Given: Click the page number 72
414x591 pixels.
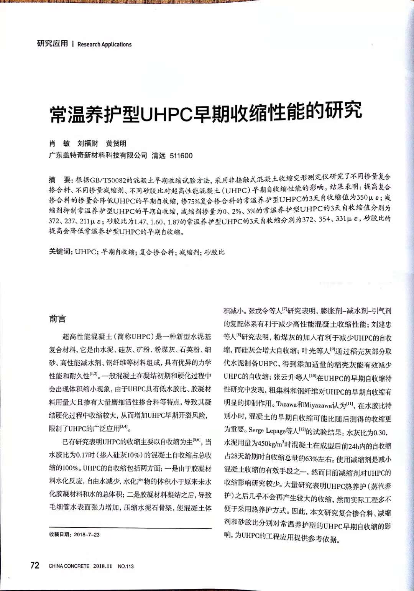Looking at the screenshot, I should (34, 565).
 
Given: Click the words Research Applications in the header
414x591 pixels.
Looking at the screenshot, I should (104, 44).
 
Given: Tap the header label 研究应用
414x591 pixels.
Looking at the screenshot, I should (52, 44).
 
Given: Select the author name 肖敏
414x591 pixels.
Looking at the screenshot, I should (59, 144).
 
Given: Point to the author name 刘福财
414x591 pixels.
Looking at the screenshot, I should (87, 144).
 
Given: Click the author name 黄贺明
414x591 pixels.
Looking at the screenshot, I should (116, 144).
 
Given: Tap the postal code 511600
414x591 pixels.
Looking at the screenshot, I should (181, 156).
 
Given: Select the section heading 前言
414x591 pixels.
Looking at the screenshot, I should (58, 319).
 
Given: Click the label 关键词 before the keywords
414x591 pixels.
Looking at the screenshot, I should (60, 252).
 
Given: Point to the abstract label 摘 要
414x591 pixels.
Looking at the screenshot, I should (60, 180).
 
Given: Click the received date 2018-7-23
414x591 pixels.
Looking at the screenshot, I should (87, 535).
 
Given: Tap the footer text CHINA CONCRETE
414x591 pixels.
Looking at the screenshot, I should (69, 566).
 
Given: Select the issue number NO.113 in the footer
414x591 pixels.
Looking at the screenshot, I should (126, 566).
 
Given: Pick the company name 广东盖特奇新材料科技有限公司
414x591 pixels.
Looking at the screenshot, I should (98, 156).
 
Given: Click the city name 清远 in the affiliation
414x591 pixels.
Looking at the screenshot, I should (158, 156).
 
